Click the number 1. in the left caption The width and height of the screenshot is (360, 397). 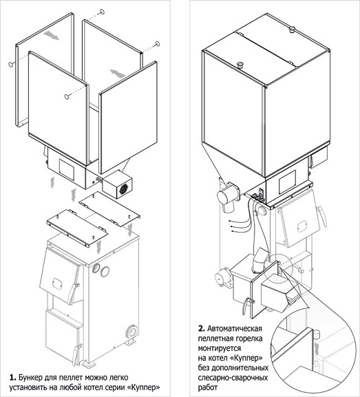pos(12,378)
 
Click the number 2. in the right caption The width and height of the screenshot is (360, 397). pos(201,329)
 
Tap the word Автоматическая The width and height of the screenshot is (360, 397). pos(234,329)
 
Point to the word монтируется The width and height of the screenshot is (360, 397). pos(220,348)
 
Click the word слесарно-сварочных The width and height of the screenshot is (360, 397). pos(233,378)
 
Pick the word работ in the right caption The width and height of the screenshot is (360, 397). pos(208,388)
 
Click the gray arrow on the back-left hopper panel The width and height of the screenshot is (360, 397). pos(51,36)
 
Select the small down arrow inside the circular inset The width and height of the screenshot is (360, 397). pos(317,347)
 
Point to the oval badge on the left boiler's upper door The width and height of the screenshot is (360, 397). pos(56,282)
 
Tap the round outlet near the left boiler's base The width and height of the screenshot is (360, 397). pos(132,331)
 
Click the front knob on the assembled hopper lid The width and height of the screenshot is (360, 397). pos(240,65)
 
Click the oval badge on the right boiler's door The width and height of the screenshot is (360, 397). pos(302,226)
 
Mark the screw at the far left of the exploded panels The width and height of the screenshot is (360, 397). pos(11,64)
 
